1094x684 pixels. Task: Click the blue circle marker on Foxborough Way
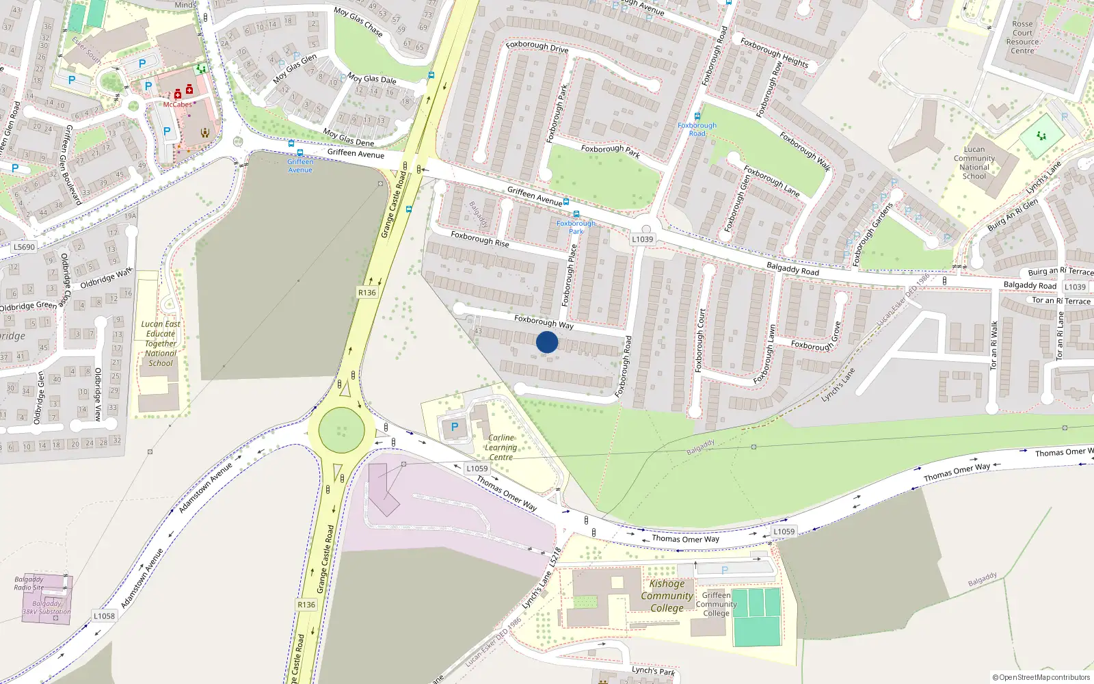point(547,342)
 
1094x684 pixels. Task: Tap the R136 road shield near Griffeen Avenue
point(367,292)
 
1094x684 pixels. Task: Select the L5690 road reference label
point(24,247)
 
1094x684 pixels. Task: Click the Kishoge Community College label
point(667,596)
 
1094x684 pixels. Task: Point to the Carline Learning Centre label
point(501,447)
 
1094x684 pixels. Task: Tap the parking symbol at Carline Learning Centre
point(454,427)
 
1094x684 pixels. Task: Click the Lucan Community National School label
point(974,163)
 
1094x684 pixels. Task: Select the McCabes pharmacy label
point(177,105)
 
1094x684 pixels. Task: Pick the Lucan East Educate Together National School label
point(161,343)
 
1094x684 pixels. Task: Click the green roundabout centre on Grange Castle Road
point(342,430)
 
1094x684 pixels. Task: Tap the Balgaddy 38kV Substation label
point(46,607)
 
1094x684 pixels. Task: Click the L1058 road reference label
point(104,616)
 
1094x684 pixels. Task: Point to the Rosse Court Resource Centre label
point(1022,37)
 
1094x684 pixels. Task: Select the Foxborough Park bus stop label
point(576,227)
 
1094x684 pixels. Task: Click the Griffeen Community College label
point(716,604)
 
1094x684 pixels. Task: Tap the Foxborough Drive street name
point(537,47)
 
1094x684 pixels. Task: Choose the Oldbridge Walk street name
point(107,278)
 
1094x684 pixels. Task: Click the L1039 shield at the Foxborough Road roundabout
point(642,239)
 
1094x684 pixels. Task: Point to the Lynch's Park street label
point(653,670)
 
